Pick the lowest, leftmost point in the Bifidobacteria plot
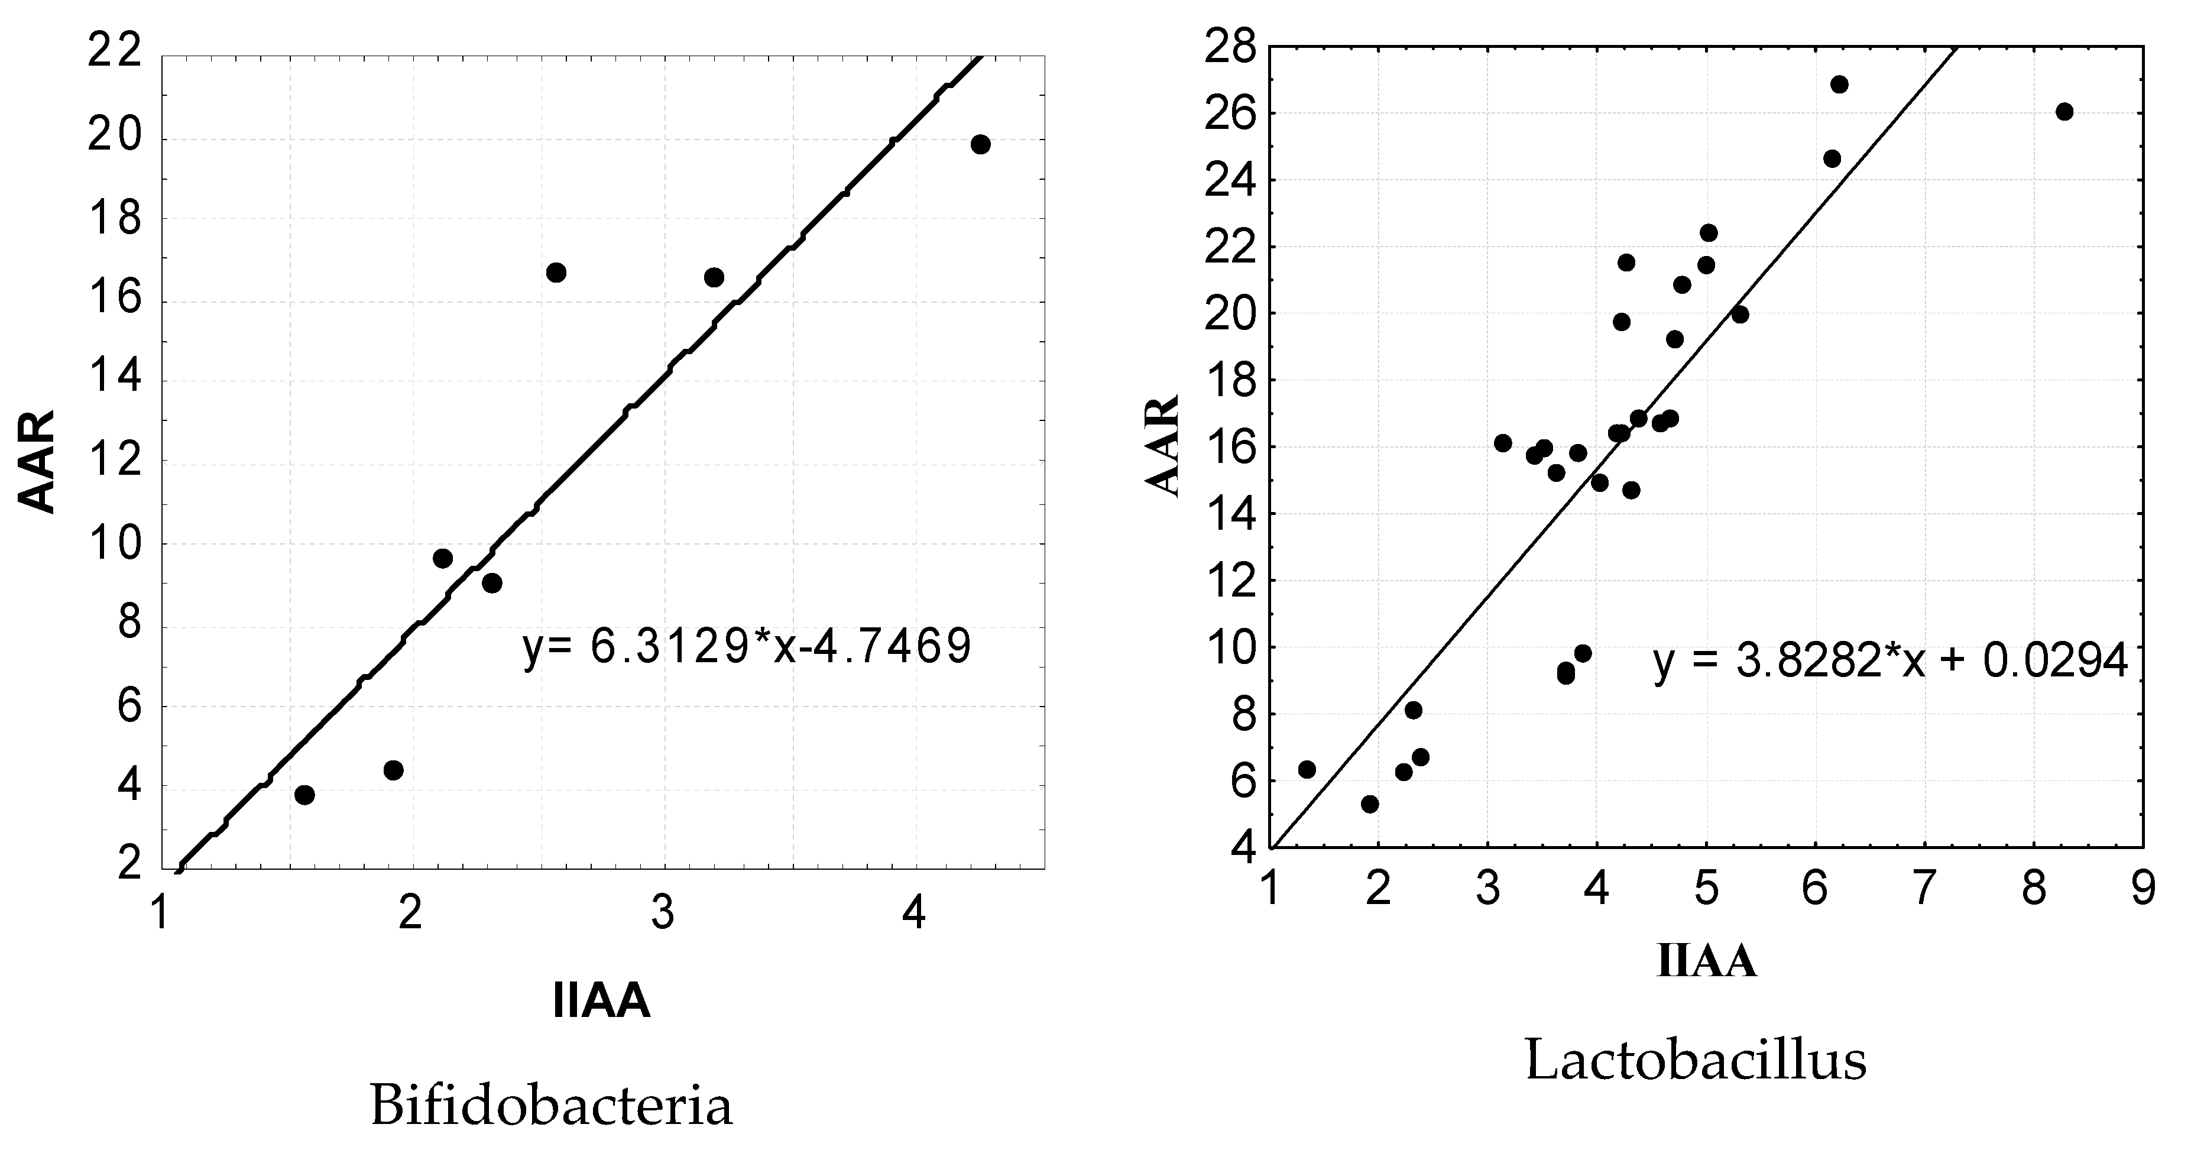click(x=304, y=795)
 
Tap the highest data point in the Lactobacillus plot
click(x=1839, y=84)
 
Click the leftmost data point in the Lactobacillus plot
click(x=1307, y=770)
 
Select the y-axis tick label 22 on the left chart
click(x=114, y=56)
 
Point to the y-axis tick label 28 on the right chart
click(x=1230, y=48)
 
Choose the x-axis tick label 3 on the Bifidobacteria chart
click(x=663, y=913)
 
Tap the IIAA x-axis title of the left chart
click(x=601, y=1000)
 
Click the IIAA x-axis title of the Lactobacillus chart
click(x=1706, y=962)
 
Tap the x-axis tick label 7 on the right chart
click(x=1924, y=890)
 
